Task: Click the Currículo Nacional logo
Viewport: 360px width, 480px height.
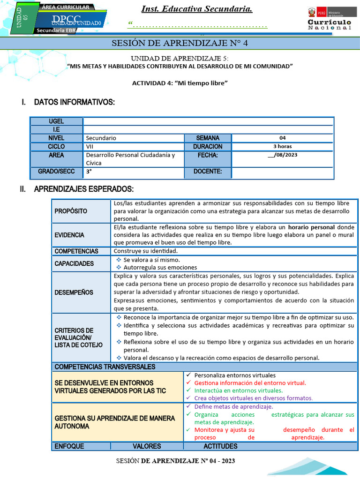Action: [x=329, y=19]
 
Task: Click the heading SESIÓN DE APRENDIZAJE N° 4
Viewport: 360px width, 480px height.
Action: [x=180, y=44]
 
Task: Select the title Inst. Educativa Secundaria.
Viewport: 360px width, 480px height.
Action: [x=197, y=9]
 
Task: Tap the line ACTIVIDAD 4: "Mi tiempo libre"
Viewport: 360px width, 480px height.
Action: [x=180, y=83]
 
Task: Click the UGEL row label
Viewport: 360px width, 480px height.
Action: [x=56, y=121]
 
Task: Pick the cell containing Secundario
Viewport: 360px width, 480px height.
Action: [x=133, y=138]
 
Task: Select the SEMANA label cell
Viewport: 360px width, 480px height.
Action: [x=207, y=138]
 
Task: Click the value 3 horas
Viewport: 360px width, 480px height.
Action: [x=282, y=147]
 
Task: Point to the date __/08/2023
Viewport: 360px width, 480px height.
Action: [x=282, y=155]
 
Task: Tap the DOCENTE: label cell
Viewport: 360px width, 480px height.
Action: [x=207, y=172]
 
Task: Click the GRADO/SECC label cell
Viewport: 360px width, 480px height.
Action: [x=56, y=172]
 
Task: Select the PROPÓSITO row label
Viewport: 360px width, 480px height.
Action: [x=71, y=211]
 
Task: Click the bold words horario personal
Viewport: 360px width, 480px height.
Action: [x=311, y=227]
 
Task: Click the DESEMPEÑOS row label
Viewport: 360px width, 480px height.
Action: [x=74, y=292]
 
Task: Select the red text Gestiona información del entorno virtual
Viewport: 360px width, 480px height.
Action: [x=250, y=383]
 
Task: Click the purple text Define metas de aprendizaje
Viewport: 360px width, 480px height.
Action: [x=233, y=407]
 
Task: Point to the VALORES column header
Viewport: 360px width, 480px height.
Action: [x=147, y=446]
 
